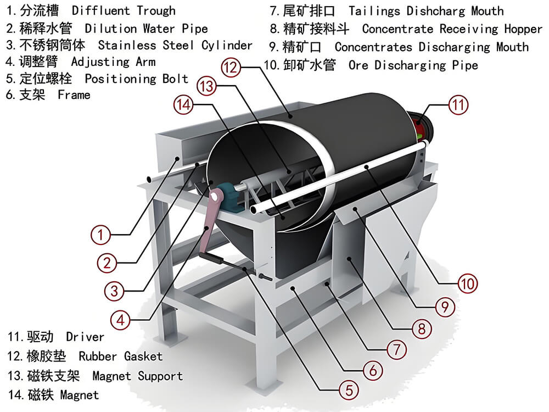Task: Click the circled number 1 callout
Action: pos(100,236)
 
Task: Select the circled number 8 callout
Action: pos(421,329)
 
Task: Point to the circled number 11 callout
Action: pos(458,104)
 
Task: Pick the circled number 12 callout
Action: pos(231,68)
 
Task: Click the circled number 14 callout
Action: pos(184,104)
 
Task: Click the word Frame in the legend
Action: pos(74,95)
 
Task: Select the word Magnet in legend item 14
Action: pos(79,395)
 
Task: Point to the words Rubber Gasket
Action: pos(121,357)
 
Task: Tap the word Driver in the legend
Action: pos(85,337)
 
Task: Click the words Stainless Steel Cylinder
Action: pos(175,46)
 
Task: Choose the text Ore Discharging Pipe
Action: pos(413,65)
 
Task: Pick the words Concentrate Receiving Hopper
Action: pos(452,29)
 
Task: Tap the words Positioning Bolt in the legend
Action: pos(136,79)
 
